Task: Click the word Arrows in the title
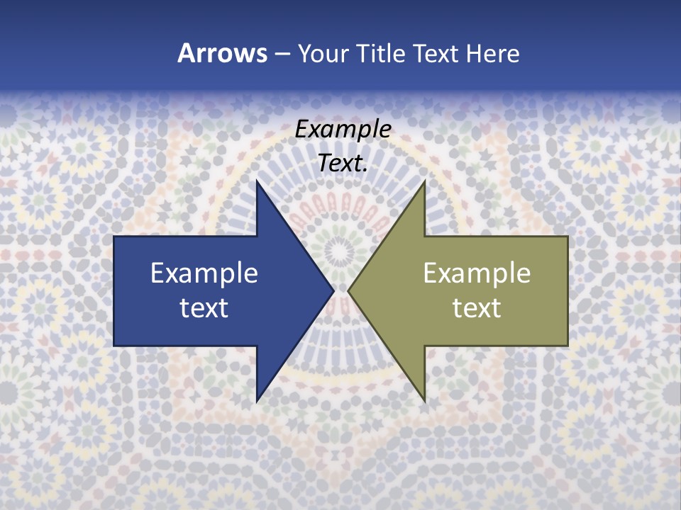coord(222,53)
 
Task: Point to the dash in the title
coord(282,54)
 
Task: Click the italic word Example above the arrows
coord(343,129)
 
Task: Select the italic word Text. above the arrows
coord(343,164)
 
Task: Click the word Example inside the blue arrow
coord(204,273)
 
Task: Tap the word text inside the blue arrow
coord(204,307)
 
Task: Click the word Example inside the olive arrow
coord(477,273)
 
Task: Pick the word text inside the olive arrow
coord(477,307)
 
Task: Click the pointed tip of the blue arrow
coord(333,290)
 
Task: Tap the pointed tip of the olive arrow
coord(348,290)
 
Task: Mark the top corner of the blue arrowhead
coord(258,181)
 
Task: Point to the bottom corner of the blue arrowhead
coord(258,401)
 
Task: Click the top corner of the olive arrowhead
coord(424,181)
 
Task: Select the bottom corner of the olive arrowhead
coord(424,401)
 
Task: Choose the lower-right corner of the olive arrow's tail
coord(567,345)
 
